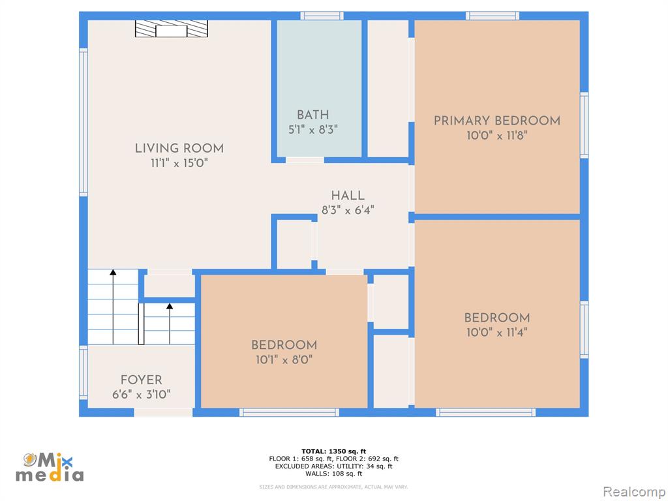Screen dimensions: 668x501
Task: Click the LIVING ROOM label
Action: (179, 148)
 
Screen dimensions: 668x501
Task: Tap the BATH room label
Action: (313, 115)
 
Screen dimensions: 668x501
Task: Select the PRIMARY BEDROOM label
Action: (497, 121)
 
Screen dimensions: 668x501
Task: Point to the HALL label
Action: (348, 196)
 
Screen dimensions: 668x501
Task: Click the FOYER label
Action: (142, 380)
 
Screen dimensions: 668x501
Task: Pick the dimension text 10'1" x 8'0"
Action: (284, 359)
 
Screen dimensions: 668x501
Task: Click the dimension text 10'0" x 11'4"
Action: (497, 332)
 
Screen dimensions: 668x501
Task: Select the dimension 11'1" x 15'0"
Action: (179, 163)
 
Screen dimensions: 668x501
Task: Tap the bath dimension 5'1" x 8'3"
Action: (313, 130)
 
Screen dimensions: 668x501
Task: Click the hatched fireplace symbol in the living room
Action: (172, 29)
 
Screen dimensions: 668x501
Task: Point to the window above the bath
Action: (322, 16)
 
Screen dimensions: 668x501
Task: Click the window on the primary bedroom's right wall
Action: (584, 125)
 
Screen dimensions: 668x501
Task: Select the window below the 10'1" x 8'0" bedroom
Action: (289, 412)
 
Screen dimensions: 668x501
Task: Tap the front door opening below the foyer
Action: (164, 412)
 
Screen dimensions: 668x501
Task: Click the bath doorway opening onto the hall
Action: (305, 160)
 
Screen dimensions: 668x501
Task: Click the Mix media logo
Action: (50, 467)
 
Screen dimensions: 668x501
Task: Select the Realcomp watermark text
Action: (634, 492)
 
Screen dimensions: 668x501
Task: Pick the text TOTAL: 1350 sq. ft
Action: (333, 451)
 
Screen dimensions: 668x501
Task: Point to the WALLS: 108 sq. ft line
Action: (333, 474)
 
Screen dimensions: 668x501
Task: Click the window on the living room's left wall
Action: (83, 122)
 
